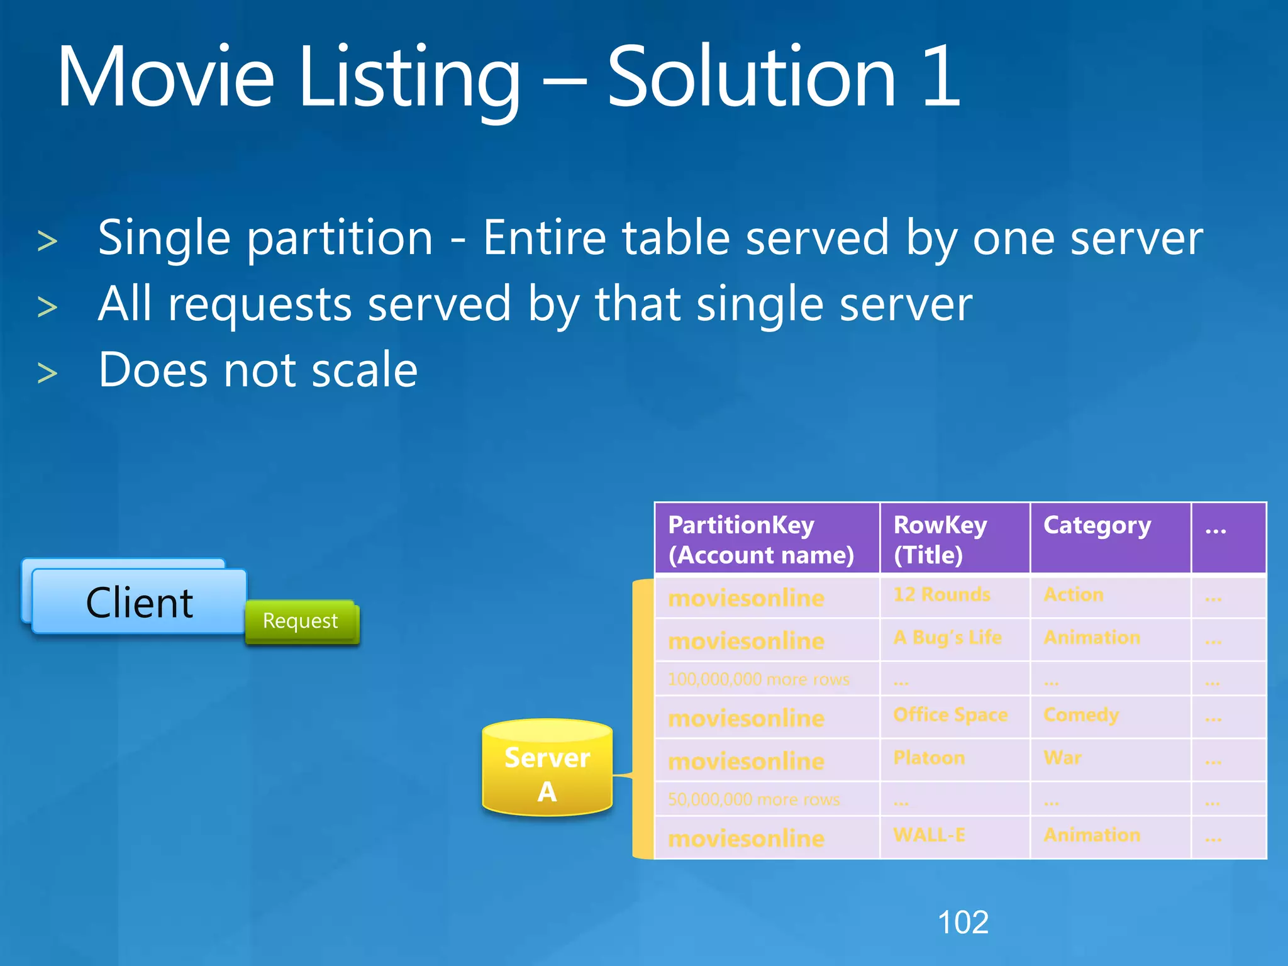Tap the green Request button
click(x=301, y=621)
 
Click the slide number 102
click(x=963, y=923)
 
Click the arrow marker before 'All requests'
click(x=48, y=308)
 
